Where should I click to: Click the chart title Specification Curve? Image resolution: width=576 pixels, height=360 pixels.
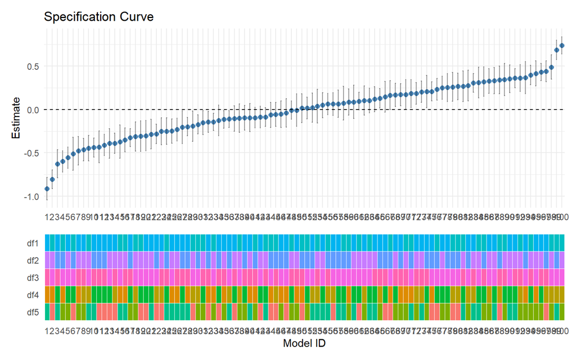pyautogui.click(x=98, y=17)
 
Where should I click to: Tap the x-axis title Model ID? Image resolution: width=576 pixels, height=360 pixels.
pyautogui.click(x=304, y=343)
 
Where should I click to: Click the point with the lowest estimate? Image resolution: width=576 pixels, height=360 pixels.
pyautogui.click(x=47, y=189)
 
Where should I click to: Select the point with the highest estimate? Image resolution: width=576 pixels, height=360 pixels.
pyautogui.click(x=562, y=46)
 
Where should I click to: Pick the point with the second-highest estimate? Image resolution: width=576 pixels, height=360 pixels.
pyautogui.click(x=557, y=50)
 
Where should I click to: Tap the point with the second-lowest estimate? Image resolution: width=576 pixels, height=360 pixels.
pyautogui.click(x=52, y=179)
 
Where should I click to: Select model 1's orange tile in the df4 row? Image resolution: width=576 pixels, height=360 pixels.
pyautogui.click(x=47, y=295)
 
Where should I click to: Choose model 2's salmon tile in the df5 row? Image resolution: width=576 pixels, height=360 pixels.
pyautogui.click(x=52, y=312)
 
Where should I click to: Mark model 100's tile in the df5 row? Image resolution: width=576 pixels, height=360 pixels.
pyautogui.click(x=562, y=312)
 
